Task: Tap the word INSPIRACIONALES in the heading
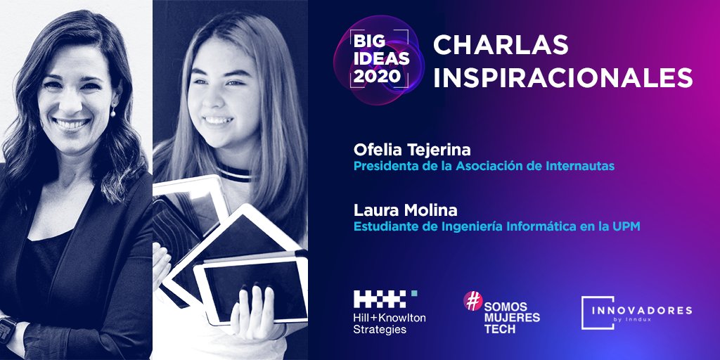[x=563, y=77]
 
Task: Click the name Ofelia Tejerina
[x=412, y=150]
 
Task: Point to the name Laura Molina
[x=406, y=211]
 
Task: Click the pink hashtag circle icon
[x=473, y=301]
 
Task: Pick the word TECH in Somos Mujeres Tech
[x=500, y=329]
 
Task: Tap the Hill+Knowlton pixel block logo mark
[x=382, y=298]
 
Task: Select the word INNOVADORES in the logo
[x=641, y=310]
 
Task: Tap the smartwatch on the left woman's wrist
[x=7, y=330]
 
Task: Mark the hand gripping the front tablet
[x=252, y=312]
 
